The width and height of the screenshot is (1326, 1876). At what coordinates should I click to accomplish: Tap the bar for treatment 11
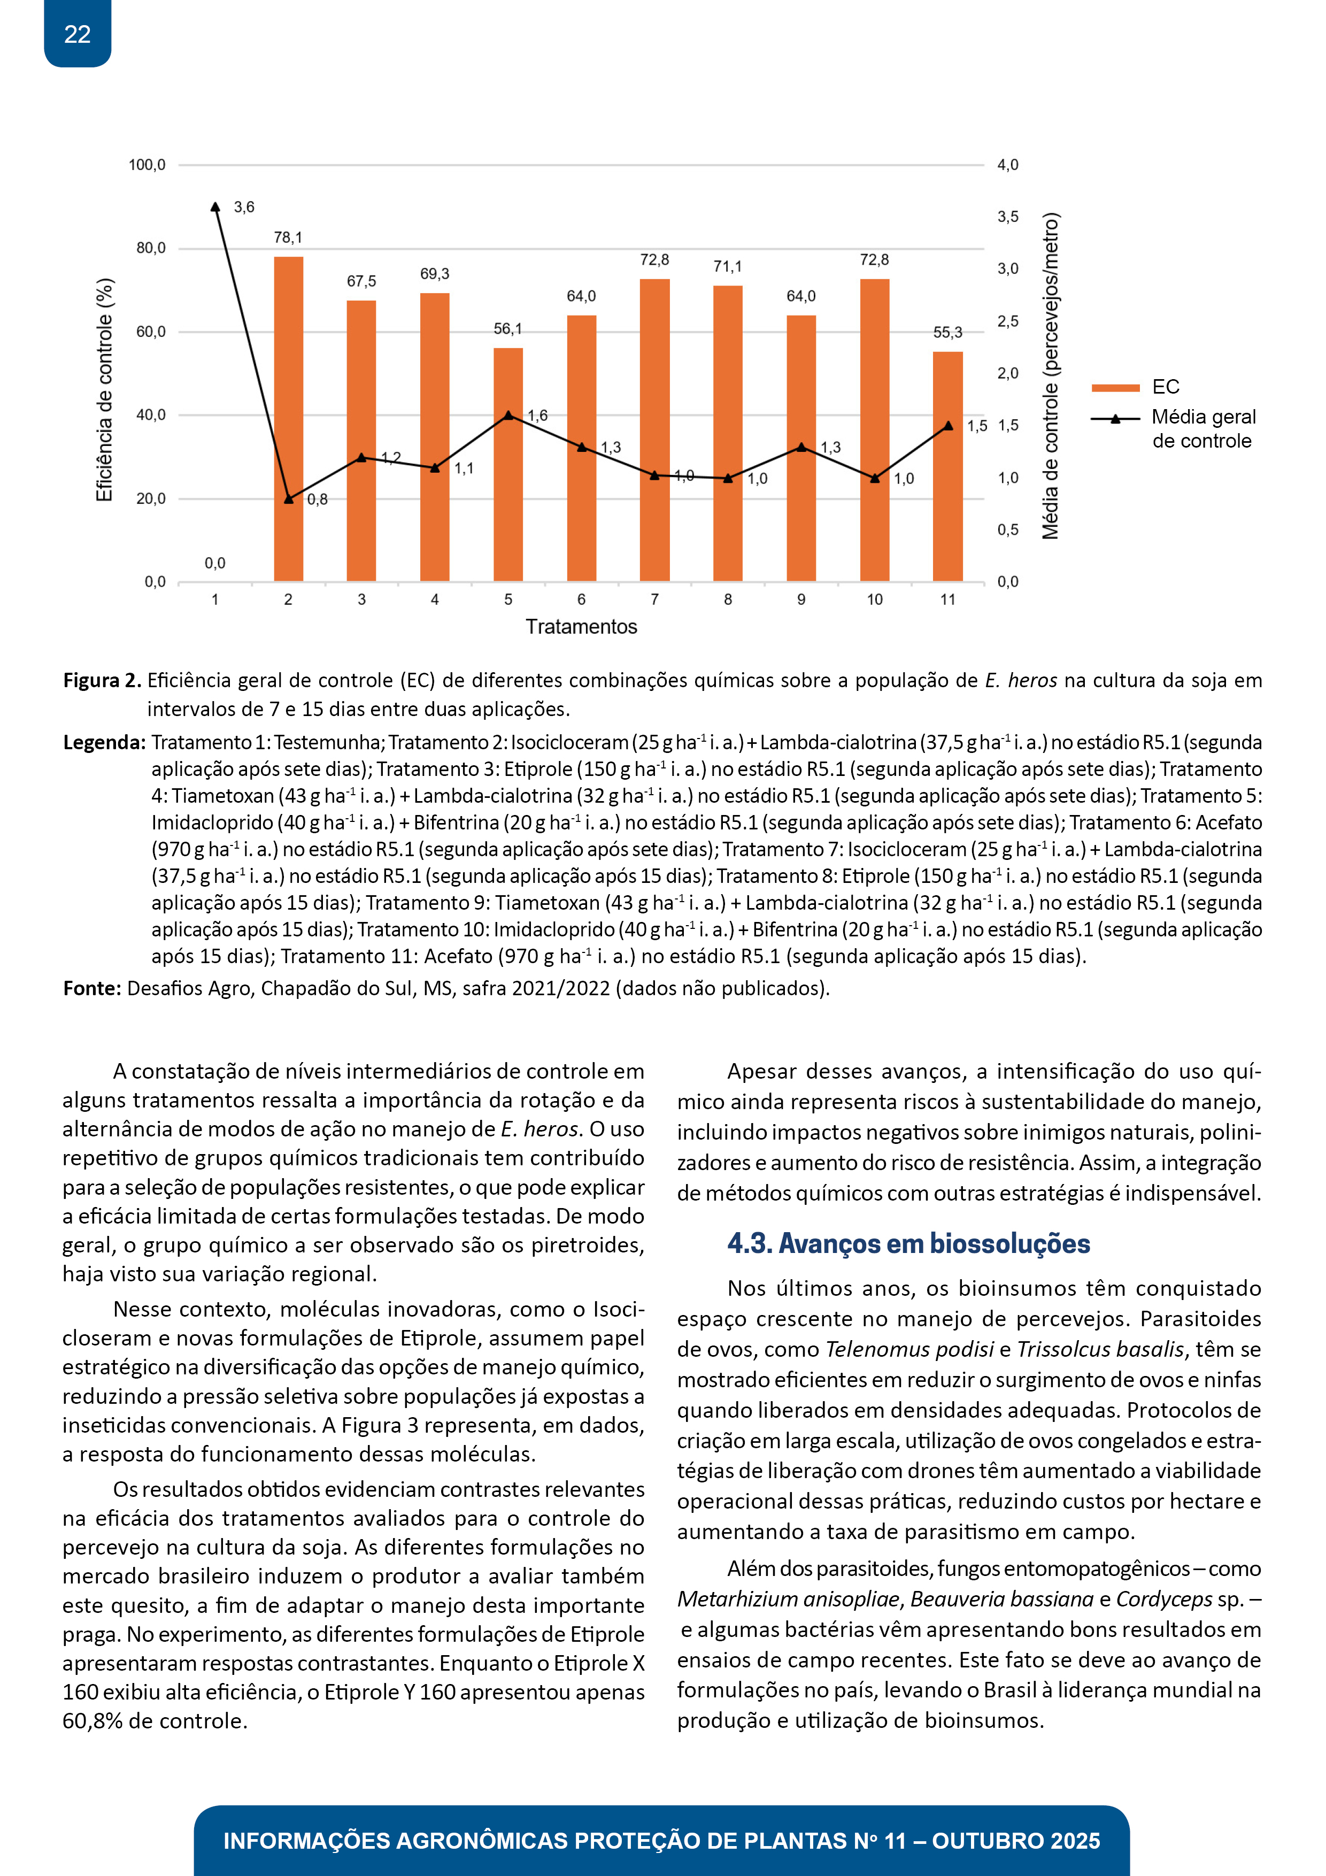(948, 466)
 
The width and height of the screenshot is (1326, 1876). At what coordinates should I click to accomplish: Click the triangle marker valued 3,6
(215, 207)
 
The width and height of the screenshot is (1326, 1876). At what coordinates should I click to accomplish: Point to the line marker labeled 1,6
(508, 415)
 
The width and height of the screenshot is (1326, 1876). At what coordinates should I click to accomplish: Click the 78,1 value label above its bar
(288, 238)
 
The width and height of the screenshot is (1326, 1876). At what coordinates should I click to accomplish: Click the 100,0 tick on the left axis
(147, 165)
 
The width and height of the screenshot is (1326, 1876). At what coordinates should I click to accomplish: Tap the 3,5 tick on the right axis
(1007, 217)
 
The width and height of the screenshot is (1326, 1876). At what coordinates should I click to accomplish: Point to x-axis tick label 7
(654, 599)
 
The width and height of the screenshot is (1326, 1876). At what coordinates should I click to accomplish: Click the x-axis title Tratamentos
(581, 627)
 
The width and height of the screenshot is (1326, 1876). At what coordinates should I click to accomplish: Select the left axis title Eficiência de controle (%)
(105, 390)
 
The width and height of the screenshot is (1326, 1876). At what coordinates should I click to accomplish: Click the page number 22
(78, 34)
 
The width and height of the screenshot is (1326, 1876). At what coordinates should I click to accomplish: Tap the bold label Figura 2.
(102, 681)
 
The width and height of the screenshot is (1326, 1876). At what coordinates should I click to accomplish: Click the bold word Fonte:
(92, 989)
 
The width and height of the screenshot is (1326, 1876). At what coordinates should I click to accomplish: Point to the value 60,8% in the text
(92, 1721)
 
